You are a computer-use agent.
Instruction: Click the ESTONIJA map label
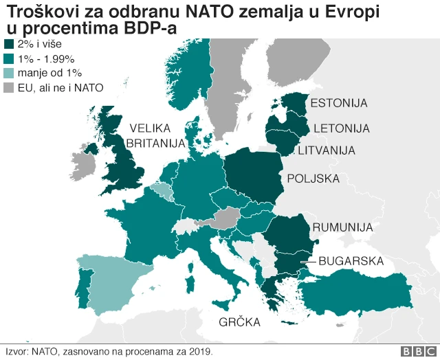click(x=339, y=104)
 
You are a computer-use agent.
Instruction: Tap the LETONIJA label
click(x=342, y=128)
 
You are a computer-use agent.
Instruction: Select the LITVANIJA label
click(x=326, y=150)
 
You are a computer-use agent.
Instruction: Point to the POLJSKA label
click(x=313, y=179)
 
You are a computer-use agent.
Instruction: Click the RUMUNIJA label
click(x=342, y=227)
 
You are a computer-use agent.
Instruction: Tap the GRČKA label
click(x=239, y=322)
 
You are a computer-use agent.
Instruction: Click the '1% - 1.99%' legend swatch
click(x=10, y=59)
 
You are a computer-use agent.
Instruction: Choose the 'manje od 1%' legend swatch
click(x=10, y=74)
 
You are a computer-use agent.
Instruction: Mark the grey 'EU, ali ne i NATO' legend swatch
click(x=10, y=88)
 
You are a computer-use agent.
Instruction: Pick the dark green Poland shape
click(x=254, y=179)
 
